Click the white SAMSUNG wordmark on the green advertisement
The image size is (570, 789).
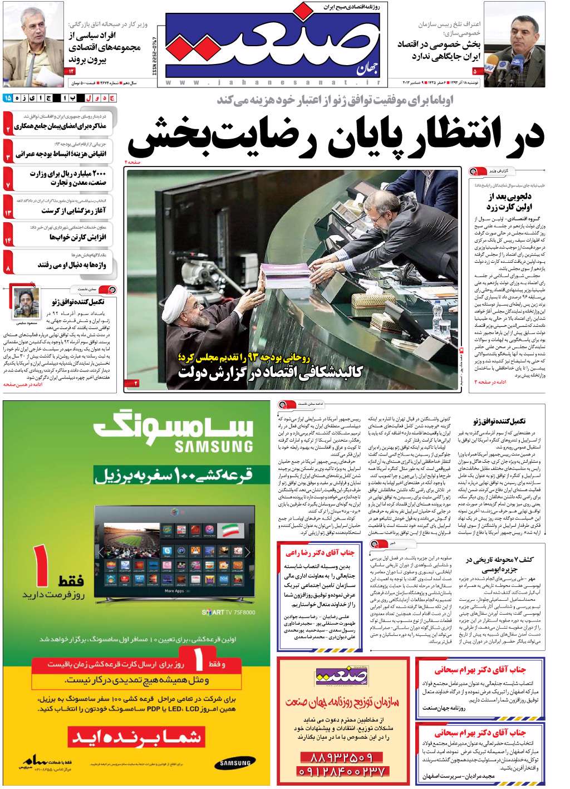tap(214, 446)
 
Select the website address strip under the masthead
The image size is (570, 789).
tap(272, 82)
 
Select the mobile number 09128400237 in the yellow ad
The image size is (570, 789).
tap(341, 772)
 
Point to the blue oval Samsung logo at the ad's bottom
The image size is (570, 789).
tap(235, 763)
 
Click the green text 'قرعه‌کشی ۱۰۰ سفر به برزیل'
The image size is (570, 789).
tap(174, 476)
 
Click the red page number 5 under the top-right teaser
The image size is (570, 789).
tap(475, 71)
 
